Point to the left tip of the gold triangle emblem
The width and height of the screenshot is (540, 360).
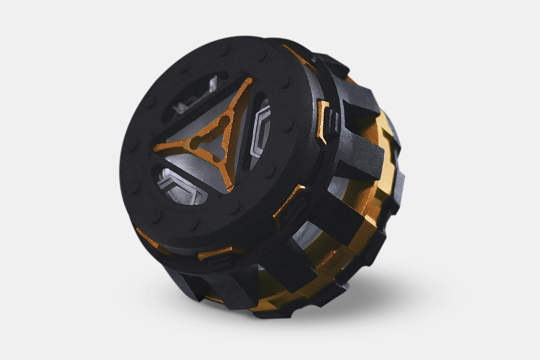click(x=156, y=147)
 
